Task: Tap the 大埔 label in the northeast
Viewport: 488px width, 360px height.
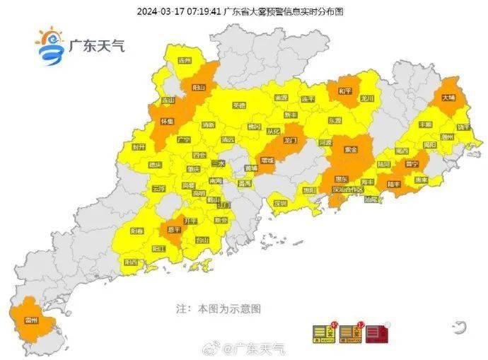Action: pyautogui.click(x=449, y=100)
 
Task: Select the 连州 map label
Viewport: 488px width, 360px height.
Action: pyautogui.click(x=185, y=62)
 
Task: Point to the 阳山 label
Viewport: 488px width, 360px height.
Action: pyautogui.click(x=199, y=87)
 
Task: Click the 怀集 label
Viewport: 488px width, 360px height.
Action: pyautogui.click(x=167, y=122)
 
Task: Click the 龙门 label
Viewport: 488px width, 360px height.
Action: pyautogui.click(x=288, y=141)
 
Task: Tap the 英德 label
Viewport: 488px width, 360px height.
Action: pyautogui.click(x=239, y=105)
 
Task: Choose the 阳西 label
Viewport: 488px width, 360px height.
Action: pyautogui.click(x=132, y=262)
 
